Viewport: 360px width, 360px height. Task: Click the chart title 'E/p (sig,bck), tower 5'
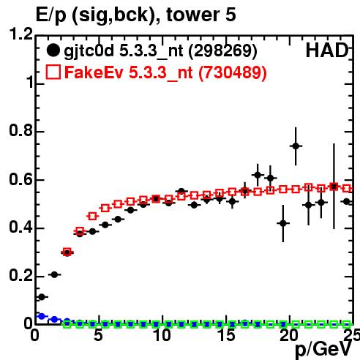(136, 15)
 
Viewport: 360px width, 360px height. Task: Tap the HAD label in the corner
(326, 50)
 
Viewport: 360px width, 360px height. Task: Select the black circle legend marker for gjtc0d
(53, 50)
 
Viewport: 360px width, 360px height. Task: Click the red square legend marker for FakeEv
(53, 72)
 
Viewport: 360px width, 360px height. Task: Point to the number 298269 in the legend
(222, 50)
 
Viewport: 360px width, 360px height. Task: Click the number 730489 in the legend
(233, 72)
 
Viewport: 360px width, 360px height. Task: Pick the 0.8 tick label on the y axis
(21, 130)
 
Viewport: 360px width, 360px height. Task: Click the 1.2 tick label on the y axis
(21, 34)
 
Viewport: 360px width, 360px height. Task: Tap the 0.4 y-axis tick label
(21, 227)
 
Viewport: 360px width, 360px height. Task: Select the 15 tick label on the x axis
(227, 335)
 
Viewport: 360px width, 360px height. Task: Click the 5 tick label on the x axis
(98, 335)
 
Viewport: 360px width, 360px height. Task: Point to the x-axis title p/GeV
(323, 350)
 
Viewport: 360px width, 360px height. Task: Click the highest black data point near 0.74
(296, 146)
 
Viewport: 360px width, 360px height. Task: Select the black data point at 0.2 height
(54, 274)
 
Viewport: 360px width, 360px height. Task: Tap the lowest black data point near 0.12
(42, 297)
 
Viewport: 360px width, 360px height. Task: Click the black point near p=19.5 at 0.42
(283, 223)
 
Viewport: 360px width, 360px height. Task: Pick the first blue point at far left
(42, 316)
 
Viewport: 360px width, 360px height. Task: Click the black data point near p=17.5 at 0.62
(258, 175)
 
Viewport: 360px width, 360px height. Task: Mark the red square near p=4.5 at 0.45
(92, 216)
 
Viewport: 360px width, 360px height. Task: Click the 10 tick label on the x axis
(162, 335)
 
